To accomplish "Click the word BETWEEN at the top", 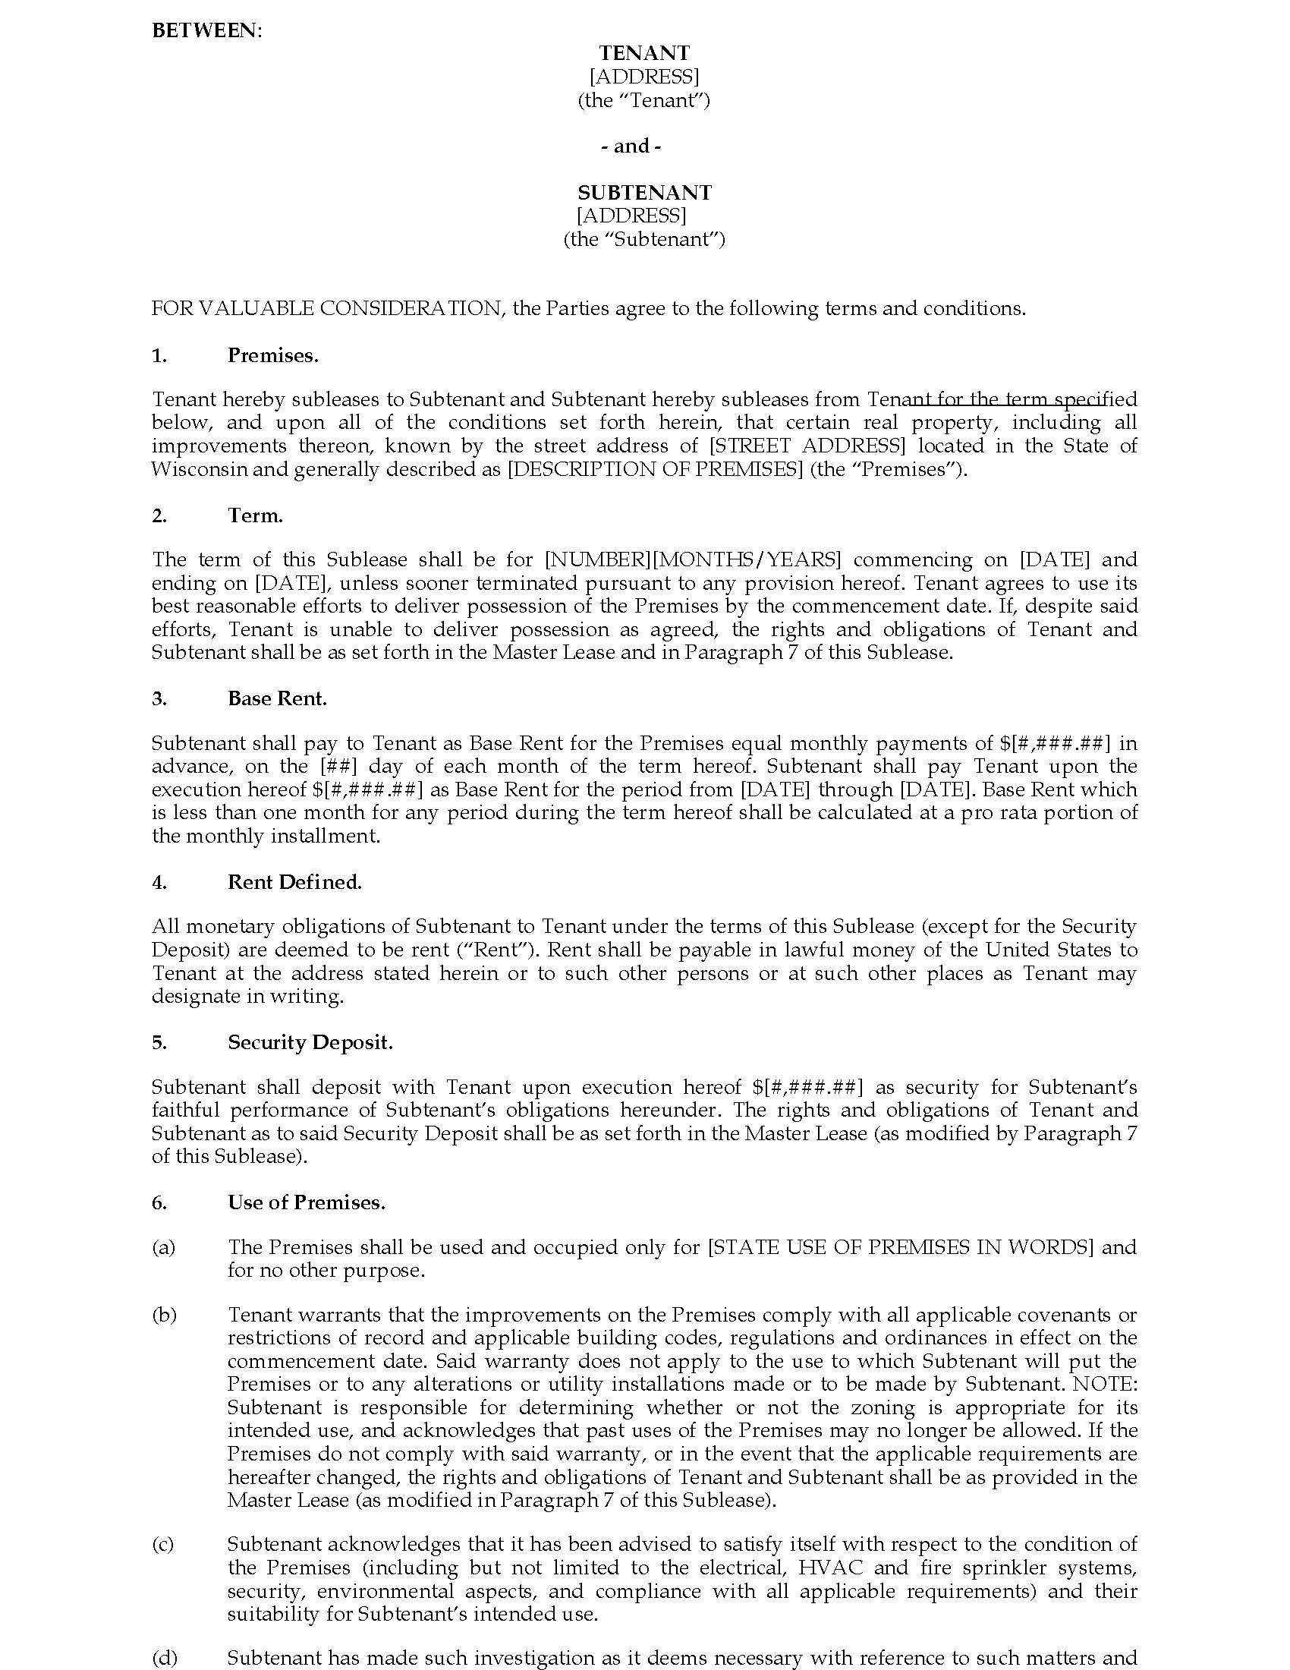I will coord(205,30).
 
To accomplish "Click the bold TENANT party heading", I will coord(644,53).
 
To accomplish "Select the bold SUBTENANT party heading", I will coord(644,192).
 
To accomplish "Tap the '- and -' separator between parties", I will coord(631,146).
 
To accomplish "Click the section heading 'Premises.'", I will coord(273,355).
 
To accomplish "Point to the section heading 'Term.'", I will coord(255,515).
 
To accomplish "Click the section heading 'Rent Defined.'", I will coord(294,881).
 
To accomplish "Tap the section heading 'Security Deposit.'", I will coord(310,1042).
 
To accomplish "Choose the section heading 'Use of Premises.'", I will coord(306,1202).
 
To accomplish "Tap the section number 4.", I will coord(159,882).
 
